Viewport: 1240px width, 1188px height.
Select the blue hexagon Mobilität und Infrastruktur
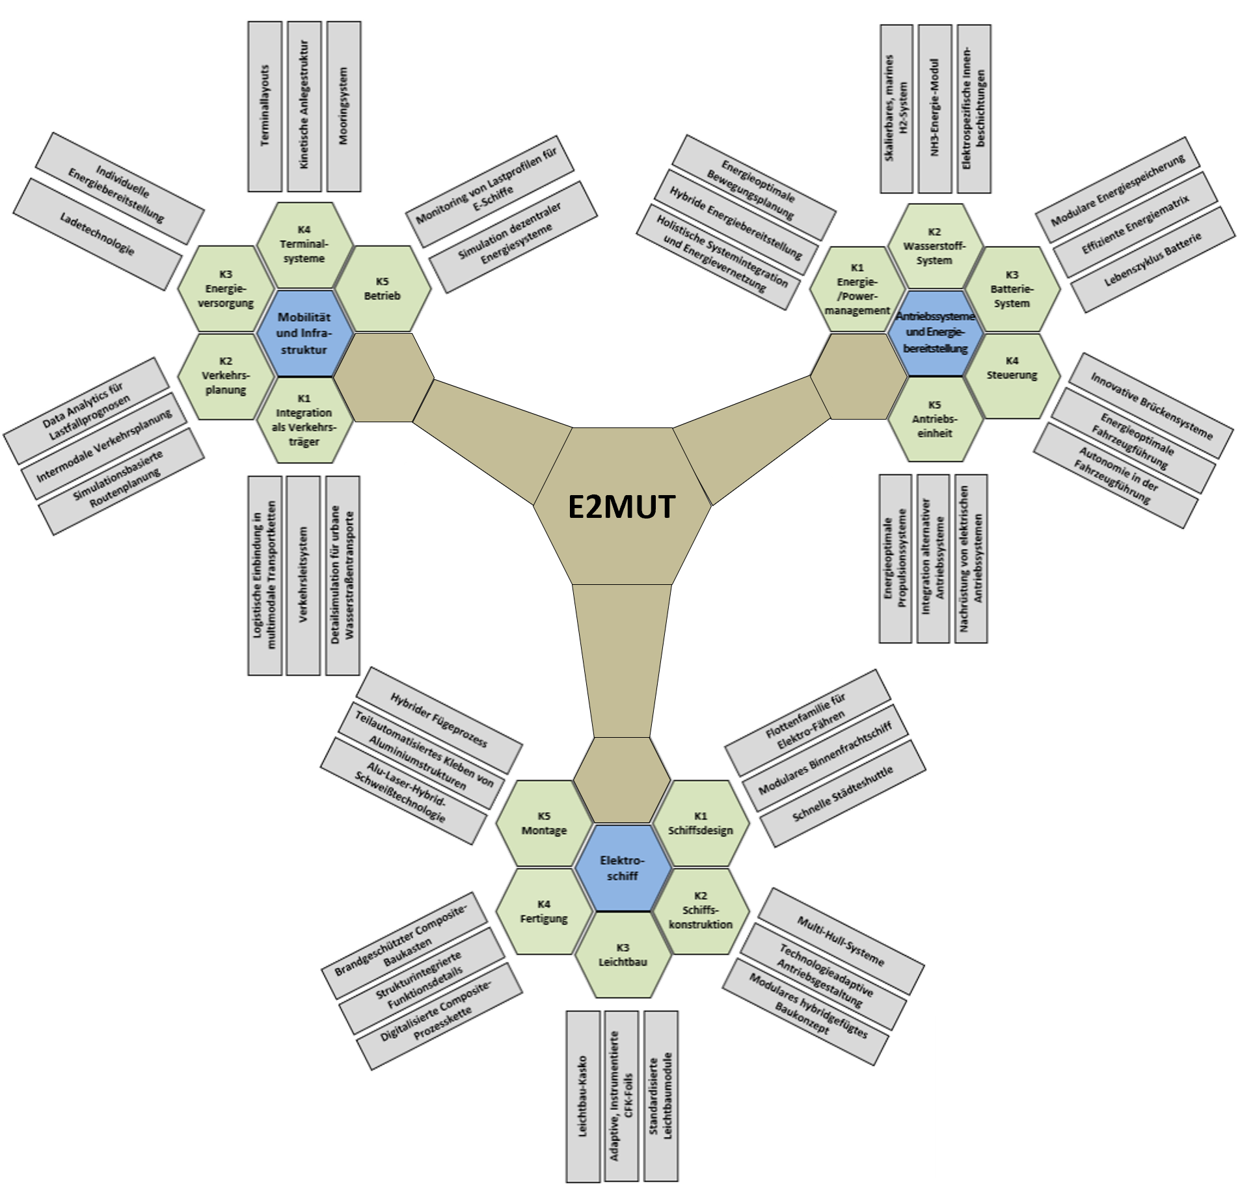coord(304,333)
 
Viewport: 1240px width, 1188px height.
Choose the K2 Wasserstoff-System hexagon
coord(934,246)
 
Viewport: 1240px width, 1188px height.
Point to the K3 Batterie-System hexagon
coord(1012,289)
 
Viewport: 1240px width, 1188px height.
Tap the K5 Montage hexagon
coord(544,824)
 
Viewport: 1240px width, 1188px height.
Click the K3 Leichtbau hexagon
coord(623,955)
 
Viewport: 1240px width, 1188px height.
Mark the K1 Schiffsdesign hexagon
coord(701,824)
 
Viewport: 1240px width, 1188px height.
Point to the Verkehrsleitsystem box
coord(303,575)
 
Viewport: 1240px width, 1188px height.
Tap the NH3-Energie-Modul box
coord(935,109)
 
